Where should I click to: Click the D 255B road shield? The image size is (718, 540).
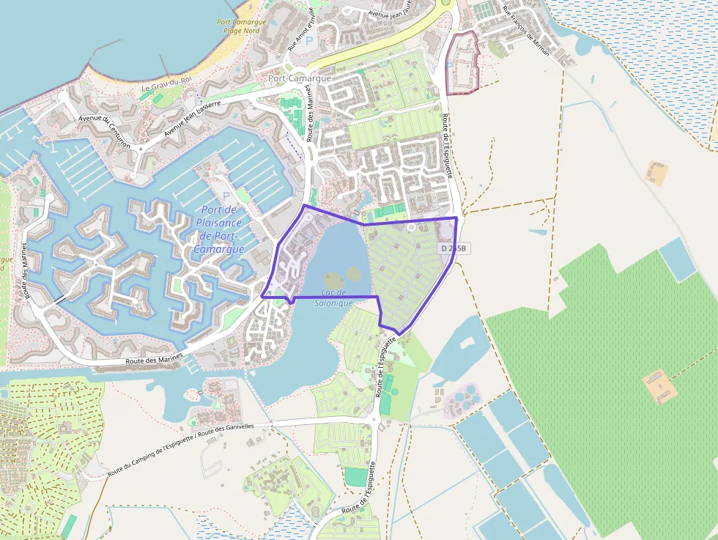pos(454,248)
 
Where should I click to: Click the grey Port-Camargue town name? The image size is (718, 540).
pos(300,78)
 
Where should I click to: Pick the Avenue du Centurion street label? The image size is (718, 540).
pos(104,131)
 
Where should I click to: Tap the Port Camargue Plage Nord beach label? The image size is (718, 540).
pos(240,26)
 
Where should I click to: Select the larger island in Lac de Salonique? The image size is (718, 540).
pos(331,279)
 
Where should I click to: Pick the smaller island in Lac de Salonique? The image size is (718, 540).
pos(353,273)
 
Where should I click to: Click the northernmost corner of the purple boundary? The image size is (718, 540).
pos(306,207)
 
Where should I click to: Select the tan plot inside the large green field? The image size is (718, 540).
pos(657,385)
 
